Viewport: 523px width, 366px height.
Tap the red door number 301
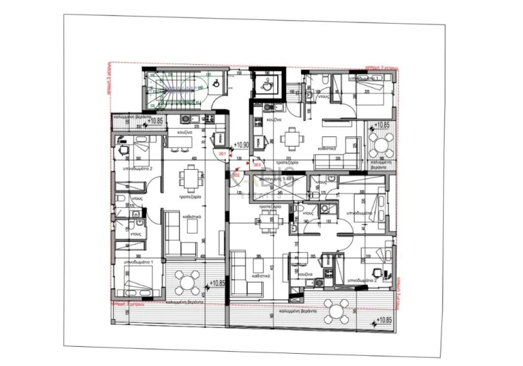coord(221,155)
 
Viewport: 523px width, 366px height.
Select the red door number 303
coord(257,164)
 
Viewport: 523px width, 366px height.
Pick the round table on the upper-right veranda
coord(379,144)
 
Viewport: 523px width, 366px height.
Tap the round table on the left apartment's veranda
coord(187,281)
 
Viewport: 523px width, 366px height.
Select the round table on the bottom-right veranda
coord(335,310)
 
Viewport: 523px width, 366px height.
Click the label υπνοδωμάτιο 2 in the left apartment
coord(137,168)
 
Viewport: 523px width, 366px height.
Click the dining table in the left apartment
coord(190,179)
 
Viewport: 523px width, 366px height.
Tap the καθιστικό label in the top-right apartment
coord(330,147)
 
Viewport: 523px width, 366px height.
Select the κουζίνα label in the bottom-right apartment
coord(304,273)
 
